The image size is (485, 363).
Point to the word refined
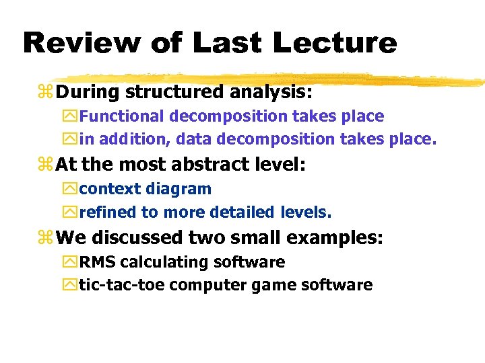107,213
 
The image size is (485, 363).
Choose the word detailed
240,213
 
